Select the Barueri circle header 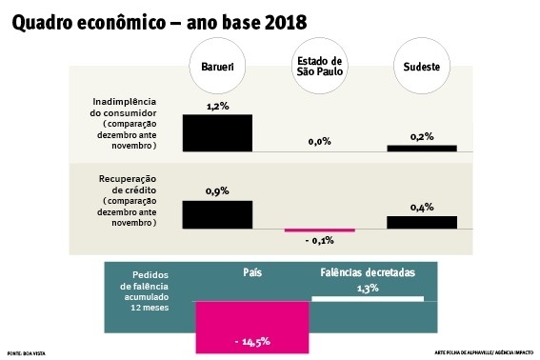(x=217, y=68)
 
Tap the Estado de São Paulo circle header (x=320, y=68)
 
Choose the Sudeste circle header (x=422, y=68)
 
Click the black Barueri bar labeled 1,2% (x=217, y=132)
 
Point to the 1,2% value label (x=217, y=106)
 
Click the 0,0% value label (x=320, y=141)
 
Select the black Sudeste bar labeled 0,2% (x=422, y=148)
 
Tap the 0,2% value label (x=422, y=136)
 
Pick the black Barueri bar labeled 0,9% (x=217, y=214)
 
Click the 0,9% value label (x=217, y=191)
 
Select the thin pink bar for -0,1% (x=320, y=230)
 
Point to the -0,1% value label (x=320, y=241)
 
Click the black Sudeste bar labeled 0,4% (x=422, y=222)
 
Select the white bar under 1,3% (x=368, y=298)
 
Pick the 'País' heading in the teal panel (x=253, y=272)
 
